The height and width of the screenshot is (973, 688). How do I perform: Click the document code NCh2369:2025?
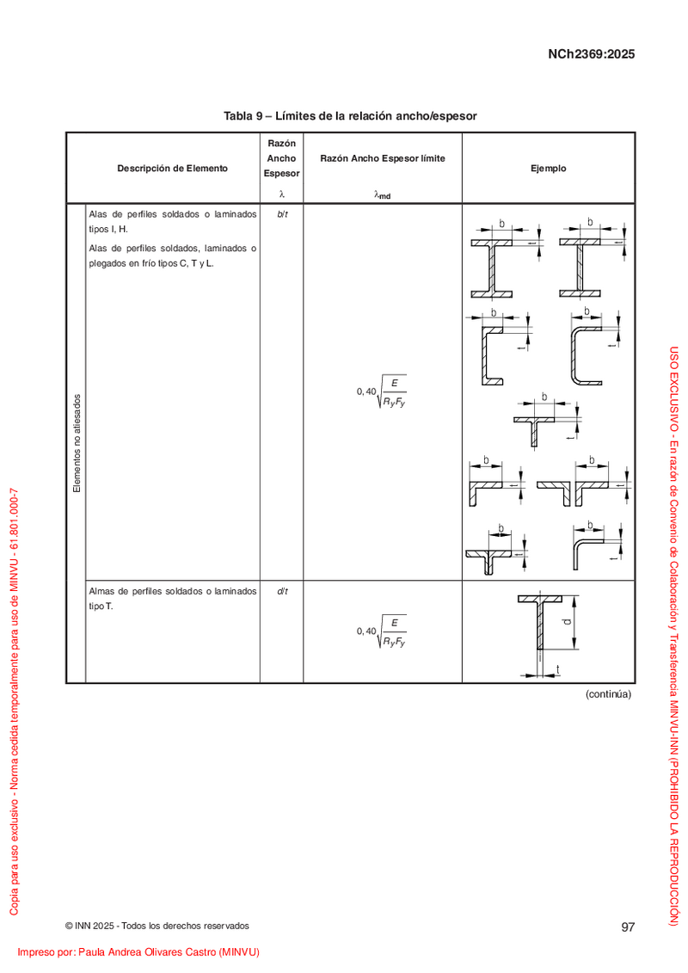tap(591, 54)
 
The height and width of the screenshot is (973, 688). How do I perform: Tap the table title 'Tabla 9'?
tap(243, 116)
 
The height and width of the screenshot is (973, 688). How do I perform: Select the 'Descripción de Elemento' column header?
tap(173, 168)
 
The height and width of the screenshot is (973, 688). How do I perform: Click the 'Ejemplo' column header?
tap(549, 168)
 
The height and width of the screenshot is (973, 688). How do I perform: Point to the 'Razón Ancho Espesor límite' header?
tap(383, 158)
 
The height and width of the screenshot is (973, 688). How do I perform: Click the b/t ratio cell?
tap(282, 214)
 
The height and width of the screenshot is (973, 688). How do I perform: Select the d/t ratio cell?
tap(282, 591)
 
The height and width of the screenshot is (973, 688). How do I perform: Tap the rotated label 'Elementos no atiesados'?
tap(77, 443)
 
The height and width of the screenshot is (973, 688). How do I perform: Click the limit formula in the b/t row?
tap(382, 391)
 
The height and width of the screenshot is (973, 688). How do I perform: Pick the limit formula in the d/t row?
tap(382, 631)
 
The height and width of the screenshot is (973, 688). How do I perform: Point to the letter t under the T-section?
tap(558, 669)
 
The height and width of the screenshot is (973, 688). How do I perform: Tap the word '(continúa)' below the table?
tap(609, 693)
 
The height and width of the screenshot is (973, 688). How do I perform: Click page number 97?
tap(628, 927)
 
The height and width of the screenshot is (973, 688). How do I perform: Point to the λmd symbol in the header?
tap(382, 194)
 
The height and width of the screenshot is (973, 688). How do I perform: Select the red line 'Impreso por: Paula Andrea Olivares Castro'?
tap(138, 951)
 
